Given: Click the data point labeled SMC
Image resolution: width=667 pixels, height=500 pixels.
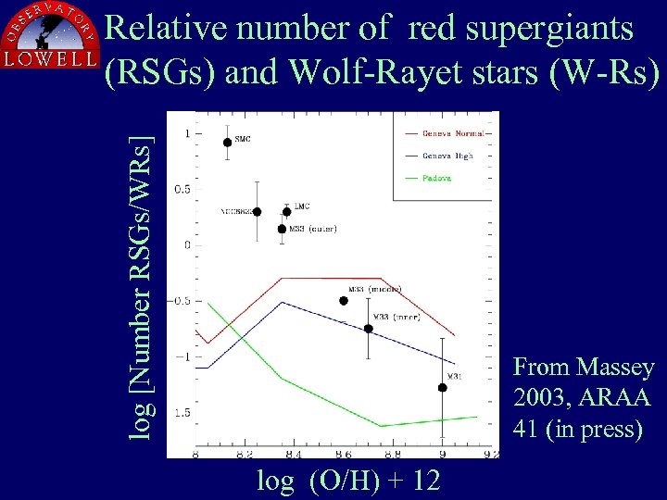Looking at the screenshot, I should tap(228, 143).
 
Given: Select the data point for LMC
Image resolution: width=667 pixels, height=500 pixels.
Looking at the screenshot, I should tap(286, 212).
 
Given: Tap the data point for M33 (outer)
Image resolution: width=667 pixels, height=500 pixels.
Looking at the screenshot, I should tap(282, 229).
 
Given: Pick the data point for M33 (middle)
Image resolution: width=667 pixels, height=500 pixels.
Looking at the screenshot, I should tap(344, 301).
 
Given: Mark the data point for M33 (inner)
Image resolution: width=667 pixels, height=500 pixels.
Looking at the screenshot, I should tap(369, 329).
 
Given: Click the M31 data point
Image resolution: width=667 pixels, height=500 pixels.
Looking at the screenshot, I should tap(443, 388).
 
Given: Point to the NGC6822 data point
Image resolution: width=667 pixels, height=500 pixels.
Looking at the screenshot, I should tap(257, 212).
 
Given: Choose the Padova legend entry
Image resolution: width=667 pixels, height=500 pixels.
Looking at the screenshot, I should tap(436, 179).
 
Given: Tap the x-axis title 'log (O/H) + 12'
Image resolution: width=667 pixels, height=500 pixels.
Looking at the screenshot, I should tap(348, 481).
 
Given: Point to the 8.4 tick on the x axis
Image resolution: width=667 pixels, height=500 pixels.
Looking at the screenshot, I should tap(293, 455).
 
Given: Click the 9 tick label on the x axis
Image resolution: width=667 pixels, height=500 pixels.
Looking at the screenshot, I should tap(442, 455).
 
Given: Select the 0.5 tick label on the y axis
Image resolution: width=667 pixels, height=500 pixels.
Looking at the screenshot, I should tap(183, 190).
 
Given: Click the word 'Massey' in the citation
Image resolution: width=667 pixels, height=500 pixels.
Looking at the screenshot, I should tap(617, 368).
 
